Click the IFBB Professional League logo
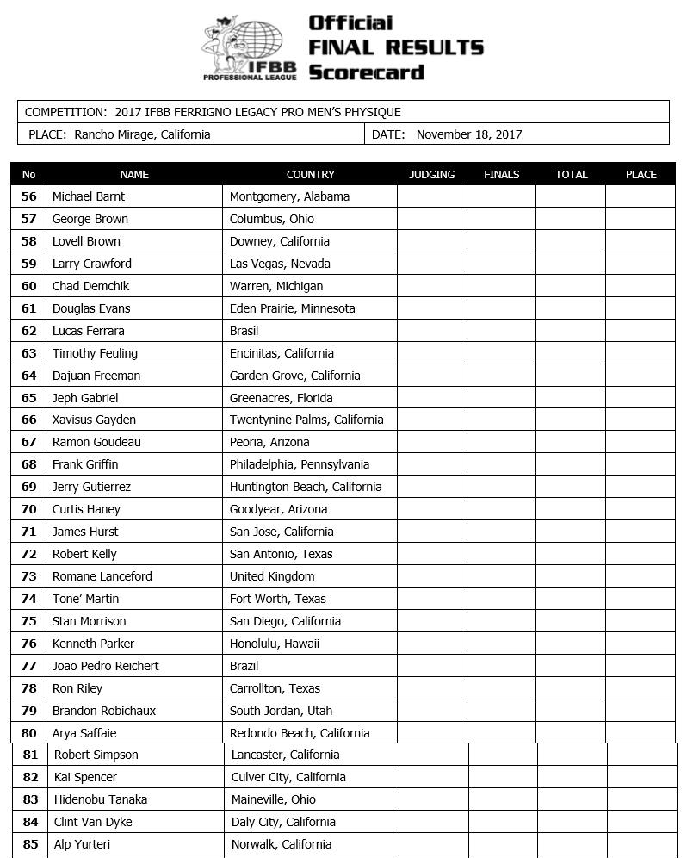249,48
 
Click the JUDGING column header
431,174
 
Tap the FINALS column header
501,174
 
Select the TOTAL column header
571,174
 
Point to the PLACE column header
641,174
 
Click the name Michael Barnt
89,196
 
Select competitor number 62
29,331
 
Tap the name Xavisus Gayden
94,420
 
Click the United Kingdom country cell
272,576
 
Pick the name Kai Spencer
85,777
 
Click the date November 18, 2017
469,134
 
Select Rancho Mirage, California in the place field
142,134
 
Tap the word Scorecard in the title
366,72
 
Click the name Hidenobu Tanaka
101,799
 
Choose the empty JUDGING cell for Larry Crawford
431,264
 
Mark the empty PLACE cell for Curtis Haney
641,509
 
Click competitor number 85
31,844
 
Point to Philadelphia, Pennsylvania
300,464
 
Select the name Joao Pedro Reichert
105,666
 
